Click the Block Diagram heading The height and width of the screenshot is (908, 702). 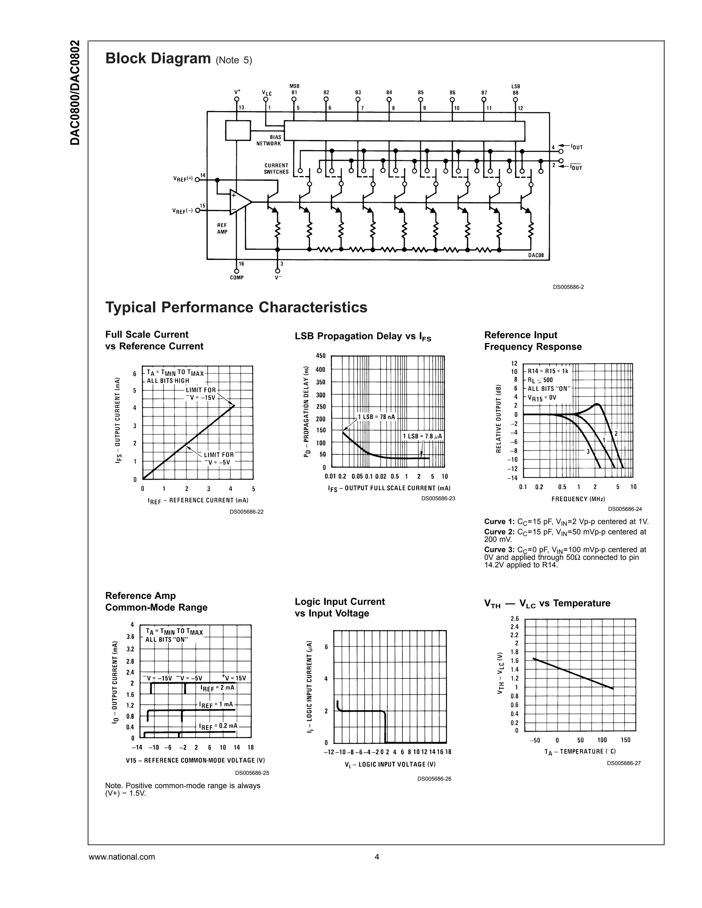[x=158, y=58]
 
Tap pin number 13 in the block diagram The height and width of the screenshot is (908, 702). [x=242, y=108]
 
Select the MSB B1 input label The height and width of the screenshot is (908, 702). [x=294, y=89]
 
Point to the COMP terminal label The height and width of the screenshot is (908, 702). [x=237, y=277]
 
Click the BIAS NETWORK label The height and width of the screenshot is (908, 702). [x=269, y=140]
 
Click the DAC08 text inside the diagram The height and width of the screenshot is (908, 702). [x=536, y=255]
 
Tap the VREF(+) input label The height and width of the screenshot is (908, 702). [x=183, y=179]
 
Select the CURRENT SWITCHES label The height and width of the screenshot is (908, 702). [x=276, y=168]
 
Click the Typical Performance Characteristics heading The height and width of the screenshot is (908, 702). [x=236, y=307]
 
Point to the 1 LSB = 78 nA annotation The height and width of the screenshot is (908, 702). [x=376, y=417]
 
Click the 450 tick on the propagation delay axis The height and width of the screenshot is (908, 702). [x=320, y=356]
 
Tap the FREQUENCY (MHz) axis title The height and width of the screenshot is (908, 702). [x=578, y=499]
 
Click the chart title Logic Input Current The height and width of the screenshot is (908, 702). [x=340, y=602]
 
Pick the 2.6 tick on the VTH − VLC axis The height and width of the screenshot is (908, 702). [x=515, y=618]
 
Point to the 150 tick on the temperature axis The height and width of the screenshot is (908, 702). [x=626, y=740]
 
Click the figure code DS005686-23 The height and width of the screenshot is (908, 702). [x=438, y=499]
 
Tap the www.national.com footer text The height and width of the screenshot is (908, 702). [x=122, y=857]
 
